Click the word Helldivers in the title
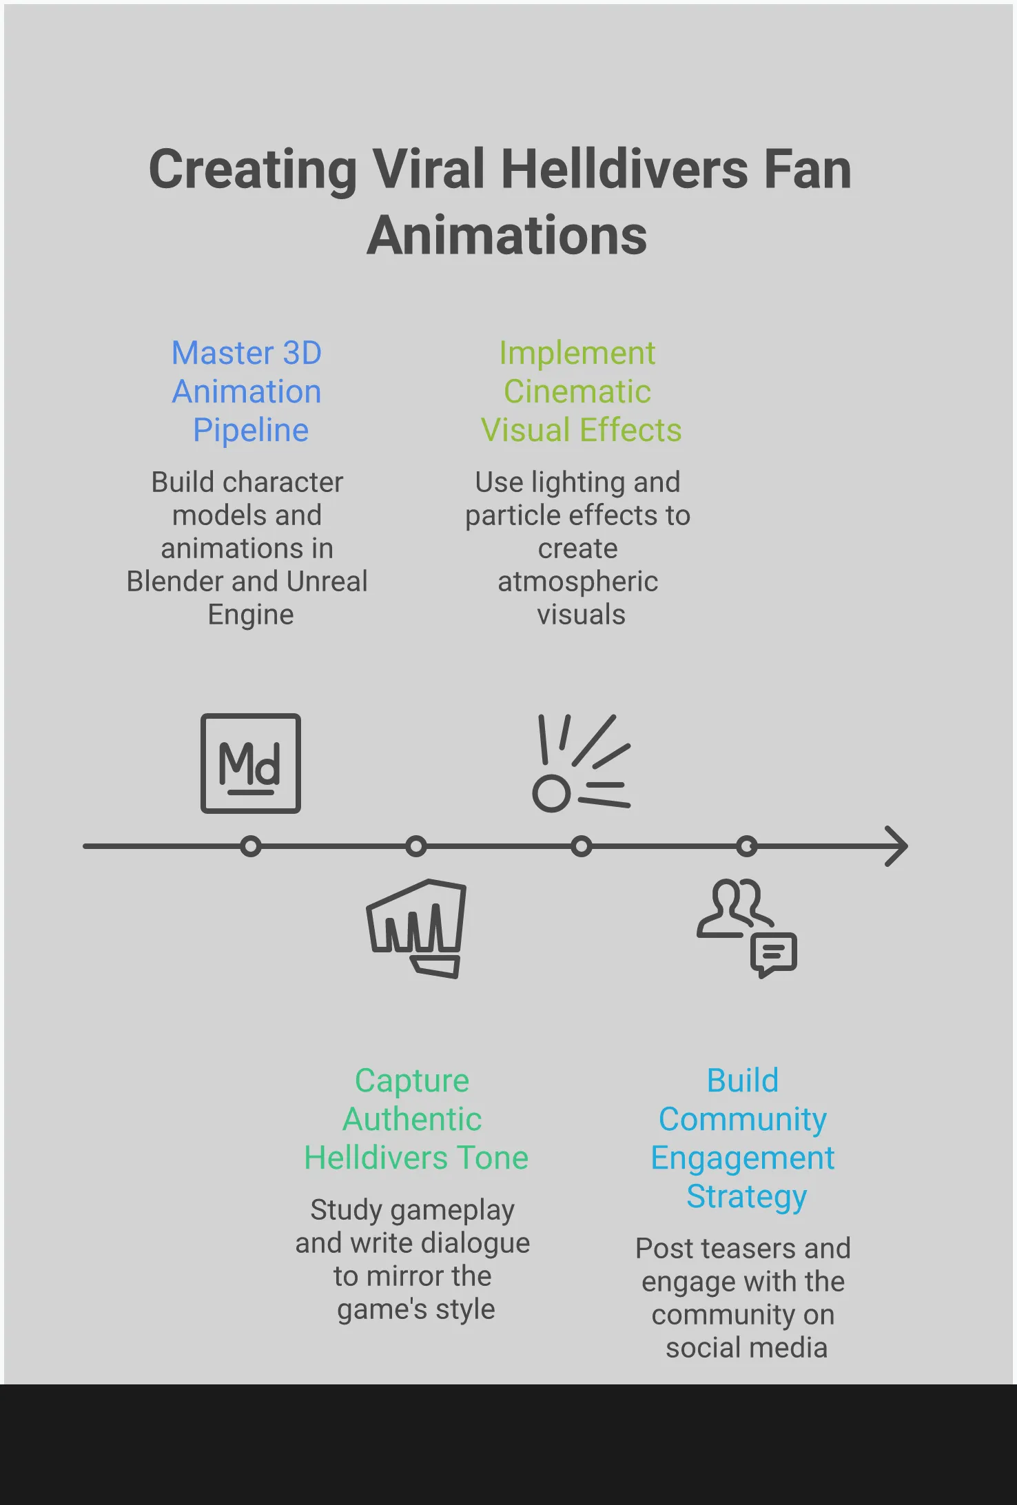624,170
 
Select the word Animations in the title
507,236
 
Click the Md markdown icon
251,764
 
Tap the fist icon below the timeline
416,928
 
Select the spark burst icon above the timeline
581,764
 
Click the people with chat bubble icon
747,928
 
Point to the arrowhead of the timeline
897,846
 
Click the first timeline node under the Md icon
251,846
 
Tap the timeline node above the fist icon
416,846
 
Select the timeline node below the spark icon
582,846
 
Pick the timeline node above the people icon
747,846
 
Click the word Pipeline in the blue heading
251,430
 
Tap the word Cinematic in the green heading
577,391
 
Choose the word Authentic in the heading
412,1119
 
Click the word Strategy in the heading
747,1196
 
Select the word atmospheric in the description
577,582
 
